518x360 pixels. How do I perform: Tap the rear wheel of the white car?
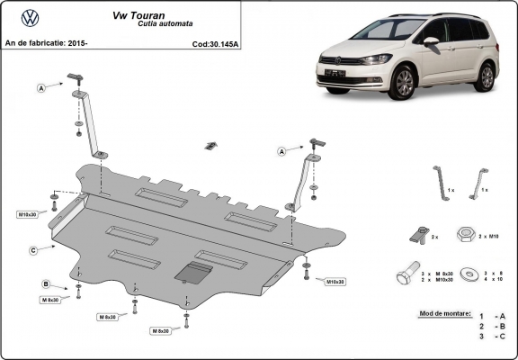coord(487,76)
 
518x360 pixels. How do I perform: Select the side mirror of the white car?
coord(431,41)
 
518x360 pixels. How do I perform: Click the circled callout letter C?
coord(32,249)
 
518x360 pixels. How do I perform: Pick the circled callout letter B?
coord(44,284)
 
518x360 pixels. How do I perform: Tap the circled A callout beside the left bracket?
coord(41,87)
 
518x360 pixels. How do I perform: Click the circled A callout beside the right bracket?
coord(281,152)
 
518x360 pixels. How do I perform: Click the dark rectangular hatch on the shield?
coord(193,272)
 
